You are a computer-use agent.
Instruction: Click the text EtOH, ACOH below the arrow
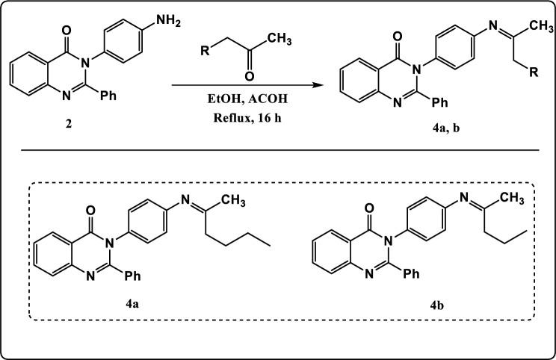246,98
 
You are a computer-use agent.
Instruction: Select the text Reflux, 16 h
246,114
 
